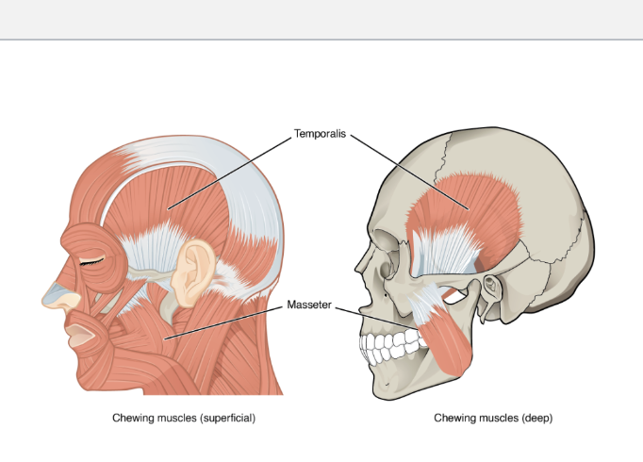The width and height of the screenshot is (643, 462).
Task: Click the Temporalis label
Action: (321, 135)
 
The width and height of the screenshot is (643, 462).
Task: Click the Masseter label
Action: (309, 306)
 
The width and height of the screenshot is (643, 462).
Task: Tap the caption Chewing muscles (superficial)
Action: (185, 417)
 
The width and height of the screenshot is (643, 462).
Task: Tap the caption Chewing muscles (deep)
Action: (493, 417)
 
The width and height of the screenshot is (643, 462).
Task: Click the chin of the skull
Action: (387, 382)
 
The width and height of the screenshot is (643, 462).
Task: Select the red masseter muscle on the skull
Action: (453, 335)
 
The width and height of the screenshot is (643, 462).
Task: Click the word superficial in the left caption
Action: (221, 417)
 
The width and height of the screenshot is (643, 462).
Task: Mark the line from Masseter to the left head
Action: (226, 321)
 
